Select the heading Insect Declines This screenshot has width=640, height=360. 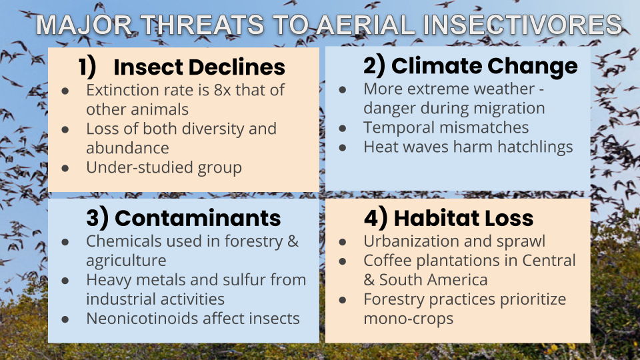click(x=199, y=67)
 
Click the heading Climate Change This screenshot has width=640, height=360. click(x=485, y=66)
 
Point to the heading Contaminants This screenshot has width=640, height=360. click(x=197, y=218)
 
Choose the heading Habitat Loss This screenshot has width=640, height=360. click(x=463, y=218)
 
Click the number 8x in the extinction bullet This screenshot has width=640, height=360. click(x=222, y=90)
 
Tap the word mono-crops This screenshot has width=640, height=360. click(x=409, y=319)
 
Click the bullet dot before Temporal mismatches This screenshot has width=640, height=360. click(x=343, y=129)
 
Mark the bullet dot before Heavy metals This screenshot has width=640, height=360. click(x=65, y=281)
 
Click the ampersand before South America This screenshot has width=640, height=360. click(x=369, y=280)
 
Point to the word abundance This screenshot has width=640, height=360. click(x=127, y=148)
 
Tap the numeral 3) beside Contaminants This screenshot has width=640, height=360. click(x=97, y=218)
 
